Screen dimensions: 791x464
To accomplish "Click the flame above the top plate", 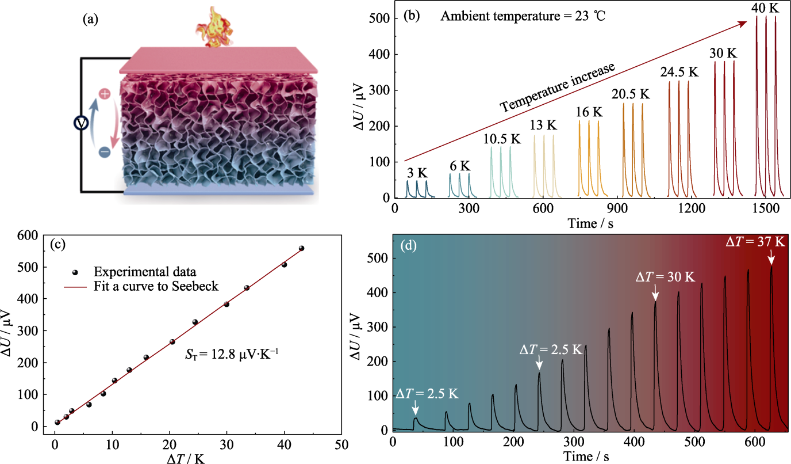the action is pyautogui.click(x=214, y=28).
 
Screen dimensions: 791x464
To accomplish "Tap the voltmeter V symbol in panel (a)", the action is pyautogui.click(x=81, y=123).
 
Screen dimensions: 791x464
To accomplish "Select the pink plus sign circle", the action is pyautogui.click(x=105, y=94).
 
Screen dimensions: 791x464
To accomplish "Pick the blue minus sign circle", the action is pyautogui.click(x=105, y=152).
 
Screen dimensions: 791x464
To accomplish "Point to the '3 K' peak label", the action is pyautogui.click(x=417, y=173).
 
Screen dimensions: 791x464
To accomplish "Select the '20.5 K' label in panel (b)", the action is pyautogui.click(x=631, y=94).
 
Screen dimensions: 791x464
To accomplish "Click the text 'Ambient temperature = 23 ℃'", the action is pyautogui.click(x=523, y=16).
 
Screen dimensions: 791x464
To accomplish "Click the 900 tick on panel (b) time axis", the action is pyautogui.click(x=617, y=208).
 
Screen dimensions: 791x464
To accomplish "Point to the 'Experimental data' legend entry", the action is pyautogui.click(x=144, y=272).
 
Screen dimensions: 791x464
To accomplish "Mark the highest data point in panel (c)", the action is pyautogui.click(x=302, y=248).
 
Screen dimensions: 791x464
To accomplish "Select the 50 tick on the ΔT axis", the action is pyautogui.click(x=341, y=444).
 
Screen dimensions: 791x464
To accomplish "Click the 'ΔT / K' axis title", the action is pyautogui.click(x=185, y=458).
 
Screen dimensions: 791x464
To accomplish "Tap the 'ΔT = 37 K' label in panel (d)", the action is pyautogui.click(x=755, y=242).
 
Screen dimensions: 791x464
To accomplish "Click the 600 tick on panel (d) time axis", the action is pyautogui.click(x=755, y=442).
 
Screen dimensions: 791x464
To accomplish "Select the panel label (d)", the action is pyautogui.click(x=408, y=245).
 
